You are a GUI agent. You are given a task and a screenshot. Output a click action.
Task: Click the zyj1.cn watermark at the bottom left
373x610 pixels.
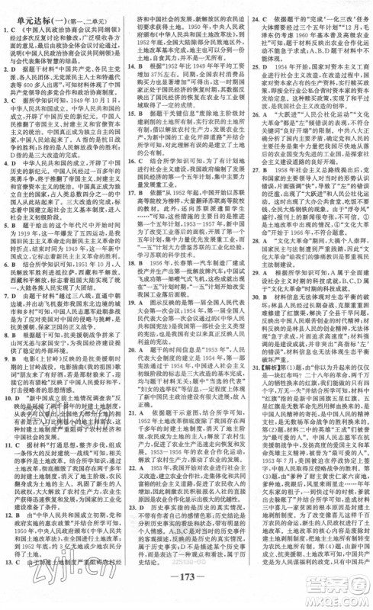[x=31, y=579]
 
